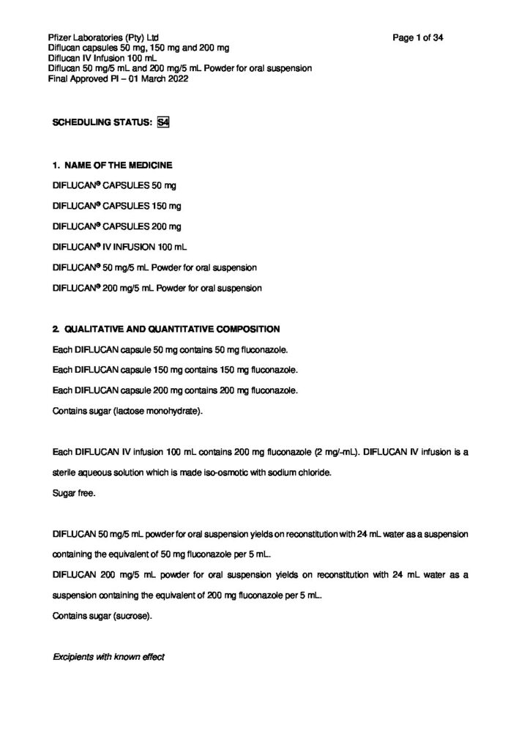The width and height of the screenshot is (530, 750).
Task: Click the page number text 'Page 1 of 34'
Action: coord(419,37)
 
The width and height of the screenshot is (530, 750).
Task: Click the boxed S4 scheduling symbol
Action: coord(163,124)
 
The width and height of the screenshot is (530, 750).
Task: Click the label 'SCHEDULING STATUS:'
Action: coord(102,125)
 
